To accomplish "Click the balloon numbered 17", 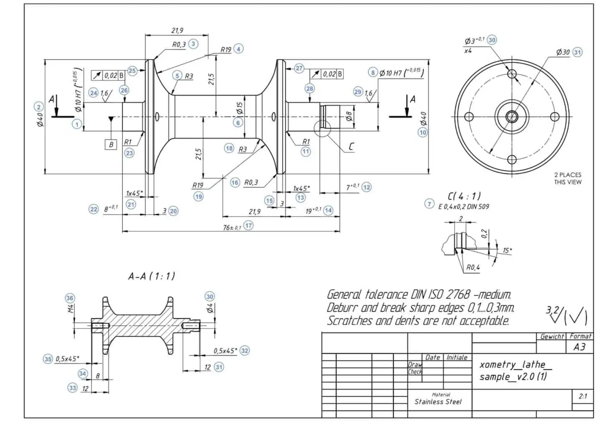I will coord(248,225).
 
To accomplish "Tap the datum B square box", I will coord(111,144).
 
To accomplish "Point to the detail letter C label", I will coord(351,147).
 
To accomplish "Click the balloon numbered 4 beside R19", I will coord(238,49).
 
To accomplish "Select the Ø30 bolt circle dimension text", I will coord(563,52).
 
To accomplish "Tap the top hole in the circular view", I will coord(512,74).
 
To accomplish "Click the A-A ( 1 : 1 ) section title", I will coord(152,276).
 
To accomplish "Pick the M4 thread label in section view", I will coord(71,309).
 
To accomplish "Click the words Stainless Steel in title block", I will coord(438,402).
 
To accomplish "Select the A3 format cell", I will coord(579,347).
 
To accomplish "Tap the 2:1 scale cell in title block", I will coord(583,396).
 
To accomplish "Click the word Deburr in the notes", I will coord(342,308).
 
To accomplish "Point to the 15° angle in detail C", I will coord(507,250).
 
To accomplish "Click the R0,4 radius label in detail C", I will coord(473,268).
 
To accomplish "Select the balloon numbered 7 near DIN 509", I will coord(429,204).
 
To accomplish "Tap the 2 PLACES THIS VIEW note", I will coord(568,178).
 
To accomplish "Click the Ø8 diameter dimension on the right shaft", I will coord(349,116).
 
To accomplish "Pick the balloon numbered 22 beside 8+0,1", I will coord(93,209).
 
